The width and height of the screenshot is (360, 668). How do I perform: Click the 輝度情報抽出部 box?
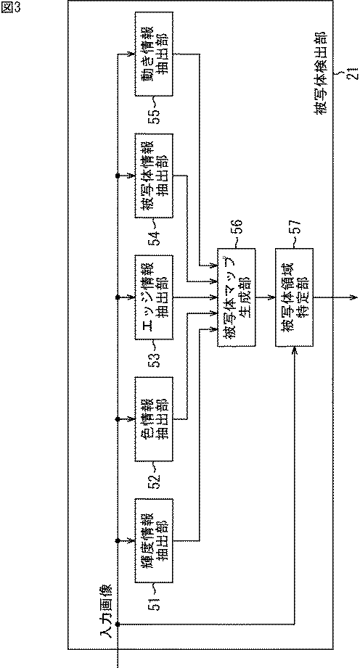pos(152,540)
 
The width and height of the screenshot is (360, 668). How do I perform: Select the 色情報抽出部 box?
pos(152,419)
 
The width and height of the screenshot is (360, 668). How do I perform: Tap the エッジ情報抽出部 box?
pos(152,297)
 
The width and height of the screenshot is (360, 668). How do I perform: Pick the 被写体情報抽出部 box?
pos(152,176)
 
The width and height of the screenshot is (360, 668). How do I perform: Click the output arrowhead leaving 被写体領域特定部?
pos(352,297)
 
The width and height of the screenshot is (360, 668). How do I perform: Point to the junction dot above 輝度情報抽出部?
pos(118,540)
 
